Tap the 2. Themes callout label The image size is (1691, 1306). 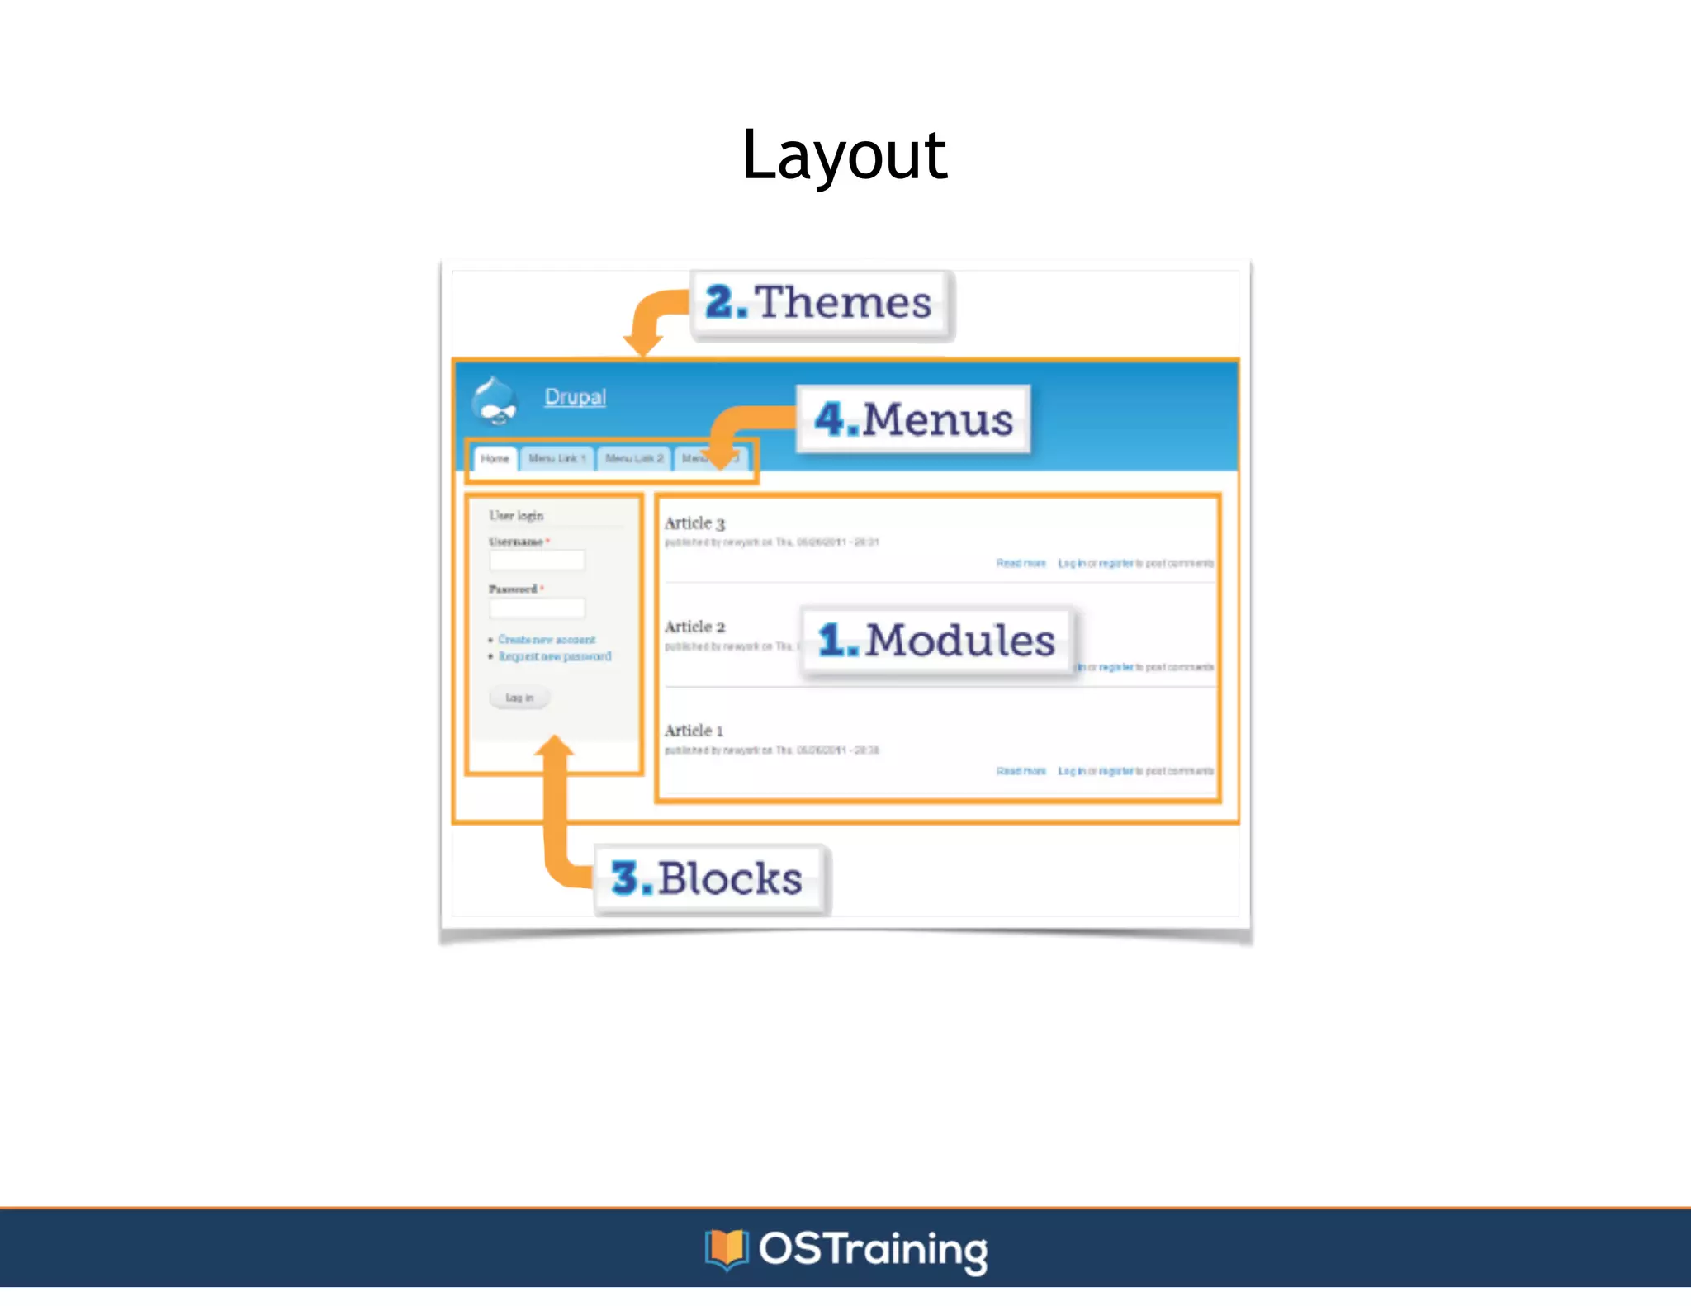(820, 303)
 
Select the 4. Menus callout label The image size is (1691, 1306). (914, 419)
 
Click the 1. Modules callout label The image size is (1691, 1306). (937, 641)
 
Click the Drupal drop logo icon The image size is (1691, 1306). (495, 401)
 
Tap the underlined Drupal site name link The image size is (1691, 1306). (575, 397)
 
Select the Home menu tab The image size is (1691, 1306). (495, 459)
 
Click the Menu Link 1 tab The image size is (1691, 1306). (557, 458)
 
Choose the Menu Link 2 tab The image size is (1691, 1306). (633, 458)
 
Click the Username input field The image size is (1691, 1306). (537, 561)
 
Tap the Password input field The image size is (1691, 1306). (537, 608)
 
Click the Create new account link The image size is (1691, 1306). (546, 640)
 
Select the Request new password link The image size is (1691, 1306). (554, 656)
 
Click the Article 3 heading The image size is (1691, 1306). (694, 523)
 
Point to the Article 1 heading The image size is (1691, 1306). (694, 731)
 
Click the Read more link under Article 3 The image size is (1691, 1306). (1021, 563)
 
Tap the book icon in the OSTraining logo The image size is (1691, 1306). (726, 1248)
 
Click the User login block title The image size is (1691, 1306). (516, 516)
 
